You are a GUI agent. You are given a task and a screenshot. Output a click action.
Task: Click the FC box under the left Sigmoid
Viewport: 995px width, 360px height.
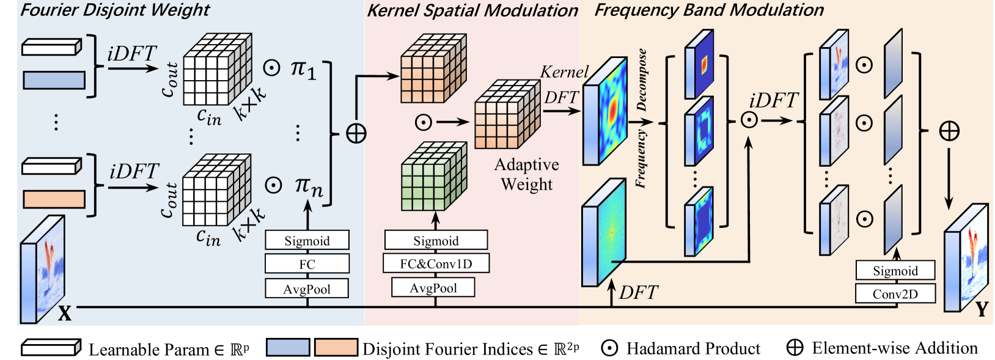click(307, 264)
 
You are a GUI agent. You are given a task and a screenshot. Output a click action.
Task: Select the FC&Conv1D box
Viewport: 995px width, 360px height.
click(436, 263)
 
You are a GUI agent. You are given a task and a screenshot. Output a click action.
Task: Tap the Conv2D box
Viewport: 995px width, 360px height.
click(895, 293)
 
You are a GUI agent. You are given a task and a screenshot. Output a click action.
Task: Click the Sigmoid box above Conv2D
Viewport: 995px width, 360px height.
click(895, 271)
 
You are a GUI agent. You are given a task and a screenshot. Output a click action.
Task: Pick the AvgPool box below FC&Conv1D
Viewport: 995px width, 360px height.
click(433, 288)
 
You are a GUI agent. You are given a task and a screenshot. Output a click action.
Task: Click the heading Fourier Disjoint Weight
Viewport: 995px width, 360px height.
click(115, 10)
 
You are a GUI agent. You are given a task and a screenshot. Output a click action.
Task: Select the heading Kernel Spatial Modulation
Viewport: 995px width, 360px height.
click(472, 10)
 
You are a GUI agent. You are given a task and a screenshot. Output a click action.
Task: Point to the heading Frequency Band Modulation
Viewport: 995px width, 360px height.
click(709, 10)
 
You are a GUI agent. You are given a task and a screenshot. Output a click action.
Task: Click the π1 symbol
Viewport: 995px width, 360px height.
click(303, 68)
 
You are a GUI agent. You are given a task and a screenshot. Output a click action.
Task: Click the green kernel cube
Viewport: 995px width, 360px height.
click(434, 177)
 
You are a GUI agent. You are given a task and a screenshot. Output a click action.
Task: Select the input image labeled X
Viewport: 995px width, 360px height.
click(43, 269)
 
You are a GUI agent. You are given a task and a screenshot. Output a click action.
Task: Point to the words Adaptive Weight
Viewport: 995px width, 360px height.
click(526, 174)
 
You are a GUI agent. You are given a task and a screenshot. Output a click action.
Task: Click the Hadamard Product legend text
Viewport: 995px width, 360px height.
click(693, 348)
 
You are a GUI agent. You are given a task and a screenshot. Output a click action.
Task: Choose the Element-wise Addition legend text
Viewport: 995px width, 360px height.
click(894, 348)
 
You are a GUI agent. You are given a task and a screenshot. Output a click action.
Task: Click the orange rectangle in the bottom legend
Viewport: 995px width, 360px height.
click(336, 348)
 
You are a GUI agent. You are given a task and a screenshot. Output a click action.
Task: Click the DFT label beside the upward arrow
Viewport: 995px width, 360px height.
click(638, 293)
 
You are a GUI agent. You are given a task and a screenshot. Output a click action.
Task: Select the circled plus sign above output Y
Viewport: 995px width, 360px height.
click(949, 131)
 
